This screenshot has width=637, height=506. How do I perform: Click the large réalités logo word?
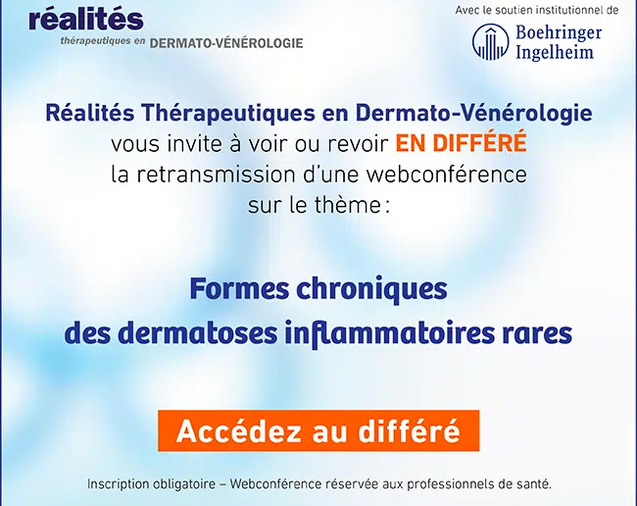[86, 19]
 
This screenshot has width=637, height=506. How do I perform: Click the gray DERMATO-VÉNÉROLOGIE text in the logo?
[226, 43]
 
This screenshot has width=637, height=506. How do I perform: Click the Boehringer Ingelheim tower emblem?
[490, 42]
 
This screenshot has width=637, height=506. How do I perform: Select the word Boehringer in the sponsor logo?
[559, 32]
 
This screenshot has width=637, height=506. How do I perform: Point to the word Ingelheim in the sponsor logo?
[555, 52]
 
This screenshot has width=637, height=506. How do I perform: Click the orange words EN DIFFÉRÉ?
[462, 142]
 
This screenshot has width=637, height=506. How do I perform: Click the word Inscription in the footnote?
[119, 484]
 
